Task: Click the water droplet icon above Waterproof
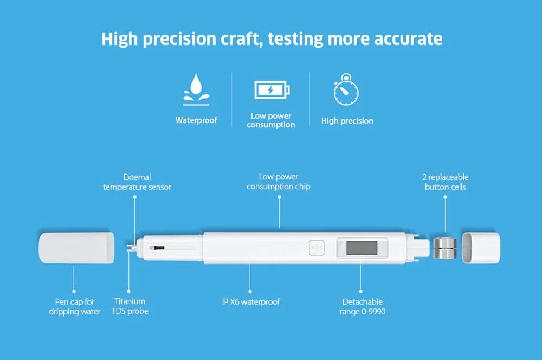pyautogui.click(x=196, y=89)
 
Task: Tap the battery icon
pyautogui.click(x=272, y=90)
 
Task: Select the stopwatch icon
pyautogui.click(x=346, y=89)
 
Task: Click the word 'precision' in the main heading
pyautogui.click(x=180, y=39)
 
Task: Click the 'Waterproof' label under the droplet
pyautogui.click(x=196, y=120)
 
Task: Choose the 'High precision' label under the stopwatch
pyautogui.click(x=347, y=121)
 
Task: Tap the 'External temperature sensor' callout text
pyautogui.click(x=137, y=182)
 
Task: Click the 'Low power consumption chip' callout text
pyautogui.click(x=279, y=182)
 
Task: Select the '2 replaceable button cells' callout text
pyautogui.click(x=445, y=182)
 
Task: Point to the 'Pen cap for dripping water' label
pyautogui.click(x=75, y=307)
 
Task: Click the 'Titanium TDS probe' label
pyautogui.click(x=130, y=306)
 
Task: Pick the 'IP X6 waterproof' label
pyautogui.click(x=251, y=302)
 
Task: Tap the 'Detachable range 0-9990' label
pyautogui.click(x=362, y=307)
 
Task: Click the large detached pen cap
pyautogui.click(x=76, y=248)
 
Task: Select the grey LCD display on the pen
pyautogui.click(x=362, y=248)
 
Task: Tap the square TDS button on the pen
pyautogui.click(x=317, y=248)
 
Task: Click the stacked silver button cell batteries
pyautogui.click(x=444, y=248)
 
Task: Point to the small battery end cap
pyautogui.click(x=481, y=248)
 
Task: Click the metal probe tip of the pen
pyautogui.click(x=131, y=248)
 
